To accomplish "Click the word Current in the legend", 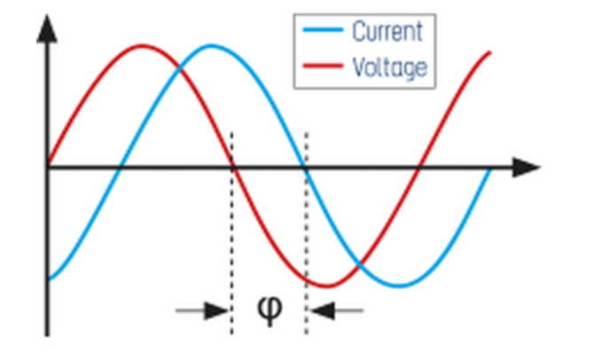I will coord(387,32).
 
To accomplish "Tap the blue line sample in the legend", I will coord(323,32).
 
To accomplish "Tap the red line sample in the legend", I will coord(323,67).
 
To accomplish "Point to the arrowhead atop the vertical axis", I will coord(48,31).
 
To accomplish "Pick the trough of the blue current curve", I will coord(400,286).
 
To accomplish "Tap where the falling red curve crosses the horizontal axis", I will coord(232,167).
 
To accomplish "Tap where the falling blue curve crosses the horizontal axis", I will coord(306,167).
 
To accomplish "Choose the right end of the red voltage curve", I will coord(490,53).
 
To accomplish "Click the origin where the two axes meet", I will coord(48,167).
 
